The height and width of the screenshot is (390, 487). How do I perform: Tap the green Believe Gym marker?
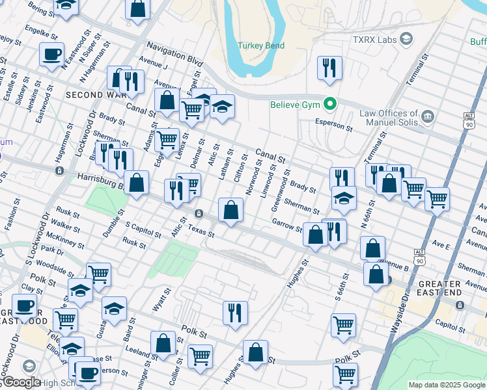point(331,104)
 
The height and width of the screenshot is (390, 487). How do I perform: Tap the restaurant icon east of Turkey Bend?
point(329,68)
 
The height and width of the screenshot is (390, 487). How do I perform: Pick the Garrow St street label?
point(287,226)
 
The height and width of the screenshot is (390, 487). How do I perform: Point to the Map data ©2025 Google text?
point(446,385)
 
